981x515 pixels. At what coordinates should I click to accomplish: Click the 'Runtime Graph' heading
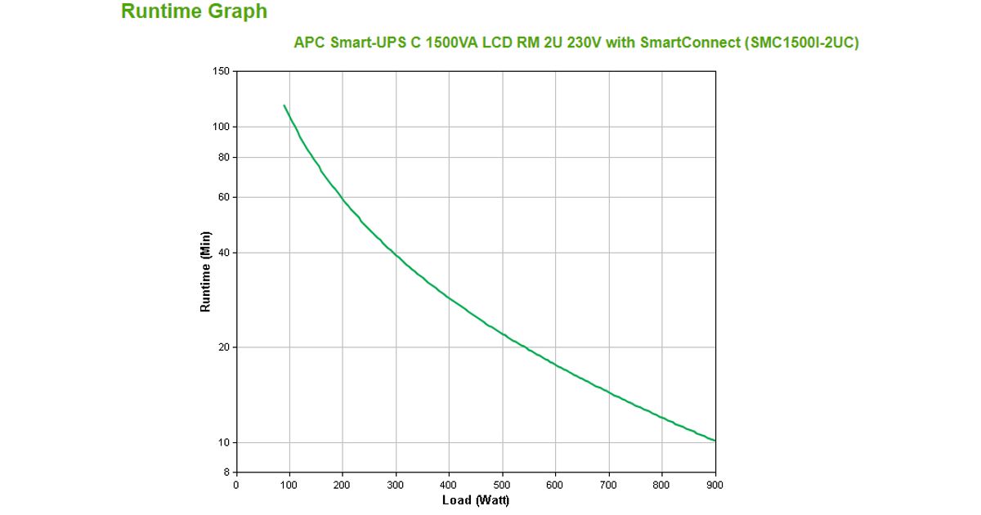[x=194, y=11]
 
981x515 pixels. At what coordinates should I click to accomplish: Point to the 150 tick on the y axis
[x=221, y=71]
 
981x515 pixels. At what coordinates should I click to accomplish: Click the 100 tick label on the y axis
[x=221, y=127]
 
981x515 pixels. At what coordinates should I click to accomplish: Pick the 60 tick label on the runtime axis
[x=223, y=197]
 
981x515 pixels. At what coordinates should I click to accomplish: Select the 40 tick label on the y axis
[x=223, y=253]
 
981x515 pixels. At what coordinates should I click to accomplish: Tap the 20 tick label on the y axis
[x=223, y=347]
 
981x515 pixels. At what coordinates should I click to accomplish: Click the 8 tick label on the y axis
[x=226, y=472]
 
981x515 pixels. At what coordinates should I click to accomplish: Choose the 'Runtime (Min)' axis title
[x=206, y=271]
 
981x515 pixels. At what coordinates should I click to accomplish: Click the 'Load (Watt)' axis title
[x=476, y=500]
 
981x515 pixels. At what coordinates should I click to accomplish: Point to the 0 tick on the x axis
[x=236, y=486]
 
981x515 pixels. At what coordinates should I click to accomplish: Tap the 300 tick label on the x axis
[x=396, y=486]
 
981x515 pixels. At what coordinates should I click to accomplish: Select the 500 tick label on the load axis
[x=502, y=486]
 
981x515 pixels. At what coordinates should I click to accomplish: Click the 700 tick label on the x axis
[x=608, y=486]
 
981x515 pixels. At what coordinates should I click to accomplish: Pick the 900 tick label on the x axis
[x=715, y=486]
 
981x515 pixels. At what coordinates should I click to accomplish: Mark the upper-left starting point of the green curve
[x=284, y=105]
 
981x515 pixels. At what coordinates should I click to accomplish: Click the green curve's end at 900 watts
[x=715, y=441]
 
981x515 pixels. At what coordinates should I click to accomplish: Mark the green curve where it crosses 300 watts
[x=396, y=254]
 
